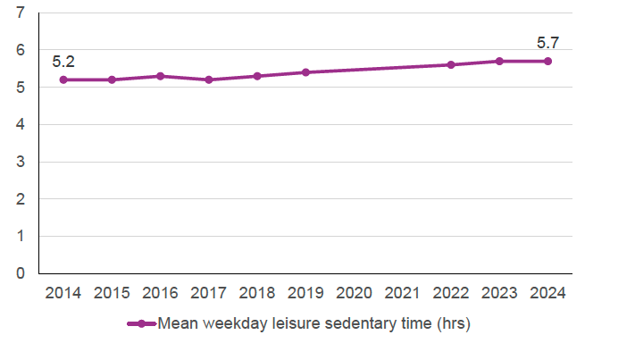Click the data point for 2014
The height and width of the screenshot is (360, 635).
(x=63, y=80)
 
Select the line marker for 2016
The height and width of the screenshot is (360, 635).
(x=160, y=76)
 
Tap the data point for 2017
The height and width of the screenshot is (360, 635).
(x=208, y=80)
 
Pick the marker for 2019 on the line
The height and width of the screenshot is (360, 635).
(x=305, y=72)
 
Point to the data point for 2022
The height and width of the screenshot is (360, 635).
(x=450, y=64)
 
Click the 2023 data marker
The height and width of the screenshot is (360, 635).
(x=499, y=61)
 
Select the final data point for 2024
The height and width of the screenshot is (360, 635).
(x=547, y=61)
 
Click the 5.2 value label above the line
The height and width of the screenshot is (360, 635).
(x=63, y=62)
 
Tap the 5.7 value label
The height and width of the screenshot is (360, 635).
(x=547, y=42)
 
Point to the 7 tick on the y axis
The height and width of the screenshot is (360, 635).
(x=21, y=13)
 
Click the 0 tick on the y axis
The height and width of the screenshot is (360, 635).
(x=21, y=273)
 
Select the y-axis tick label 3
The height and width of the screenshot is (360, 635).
(x=21, y=162)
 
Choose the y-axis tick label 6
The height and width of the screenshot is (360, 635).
(x=21, y=50)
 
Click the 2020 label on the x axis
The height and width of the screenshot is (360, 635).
(x=354, y=293)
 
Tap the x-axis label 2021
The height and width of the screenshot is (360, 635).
(x=402, y=293)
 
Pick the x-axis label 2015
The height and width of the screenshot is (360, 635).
(x=112, y=293)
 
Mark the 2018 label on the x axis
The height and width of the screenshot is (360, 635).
(x=257, y=293)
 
